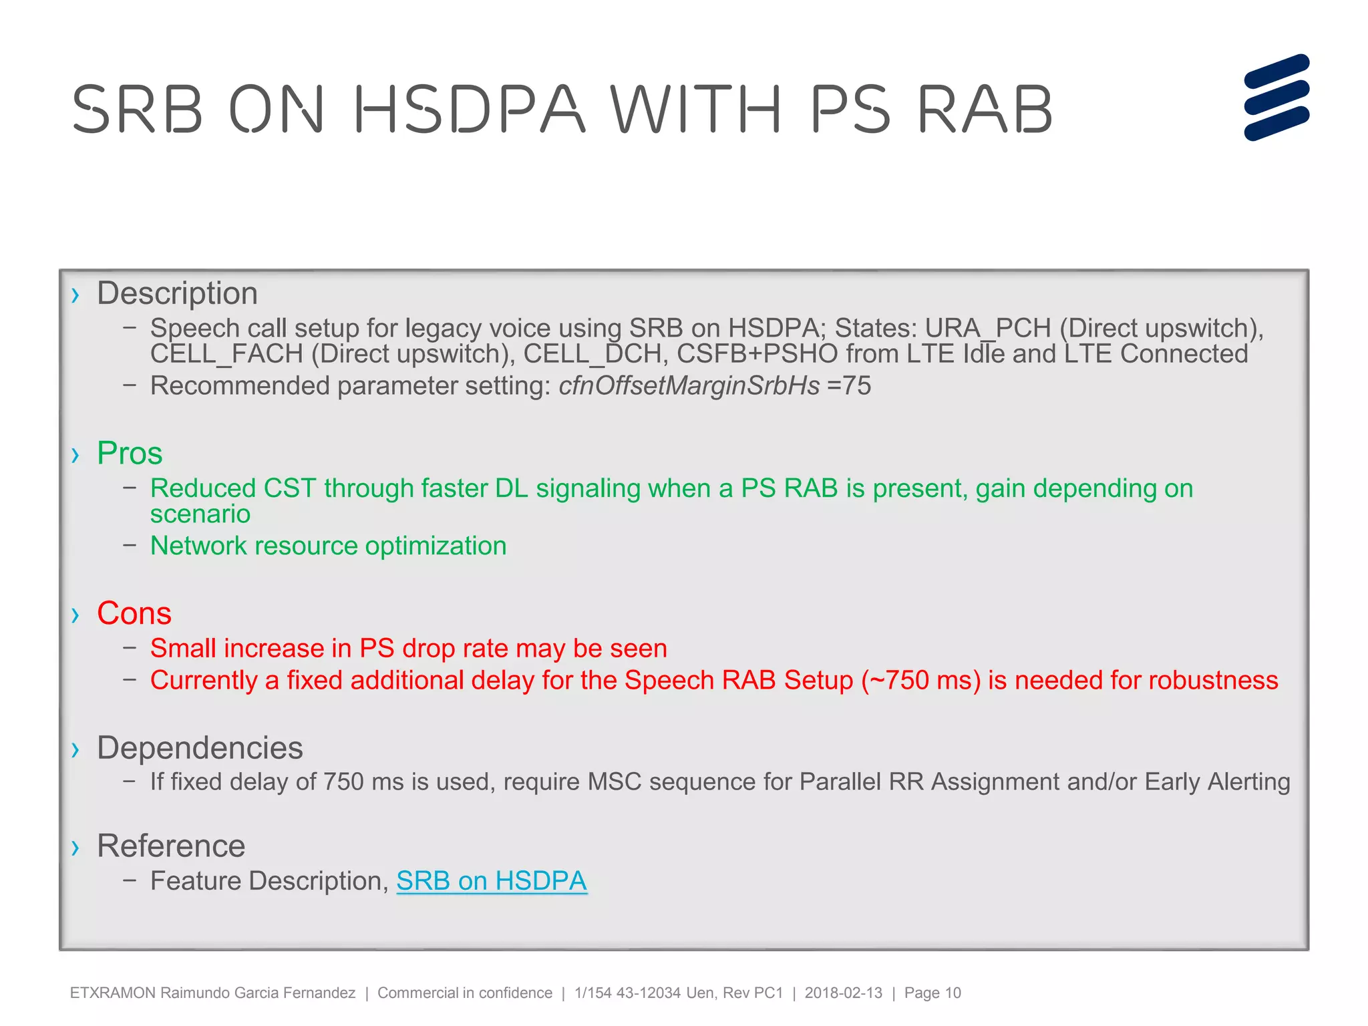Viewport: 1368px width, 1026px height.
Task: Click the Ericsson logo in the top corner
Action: [1276, 98]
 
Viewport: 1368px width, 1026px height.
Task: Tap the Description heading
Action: [177, 293]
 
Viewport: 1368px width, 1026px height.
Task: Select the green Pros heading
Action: [130, 453]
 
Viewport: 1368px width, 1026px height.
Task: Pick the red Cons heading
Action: [134, 613]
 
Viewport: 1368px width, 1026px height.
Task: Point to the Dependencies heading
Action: [200, 748]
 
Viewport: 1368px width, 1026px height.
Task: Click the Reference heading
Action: [171, 846]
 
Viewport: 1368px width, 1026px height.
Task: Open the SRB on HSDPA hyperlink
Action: [492, 881]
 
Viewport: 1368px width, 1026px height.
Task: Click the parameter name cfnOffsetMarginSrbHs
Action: [689, 386]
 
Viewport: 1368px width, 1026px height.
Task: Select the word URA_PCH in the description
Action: [988, 328]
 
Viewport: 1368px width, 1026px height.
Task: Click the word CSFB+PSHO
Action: [757, 354]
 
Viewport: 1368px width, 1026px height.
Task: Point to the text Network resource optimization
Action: [328, 546]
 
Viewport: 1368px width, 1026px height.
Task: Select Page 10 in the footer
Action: [932, 993]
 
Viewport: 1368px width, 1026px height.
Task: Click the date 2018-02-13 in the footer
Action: [843, 993]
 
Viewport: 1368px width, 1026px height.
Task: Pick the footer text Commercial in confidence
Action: [465, 993]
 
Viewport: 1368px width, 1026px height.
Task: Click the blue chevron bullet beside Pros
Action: [75, 455]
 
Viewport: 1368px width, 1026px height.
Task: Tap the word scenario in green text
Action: [200, 514]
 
